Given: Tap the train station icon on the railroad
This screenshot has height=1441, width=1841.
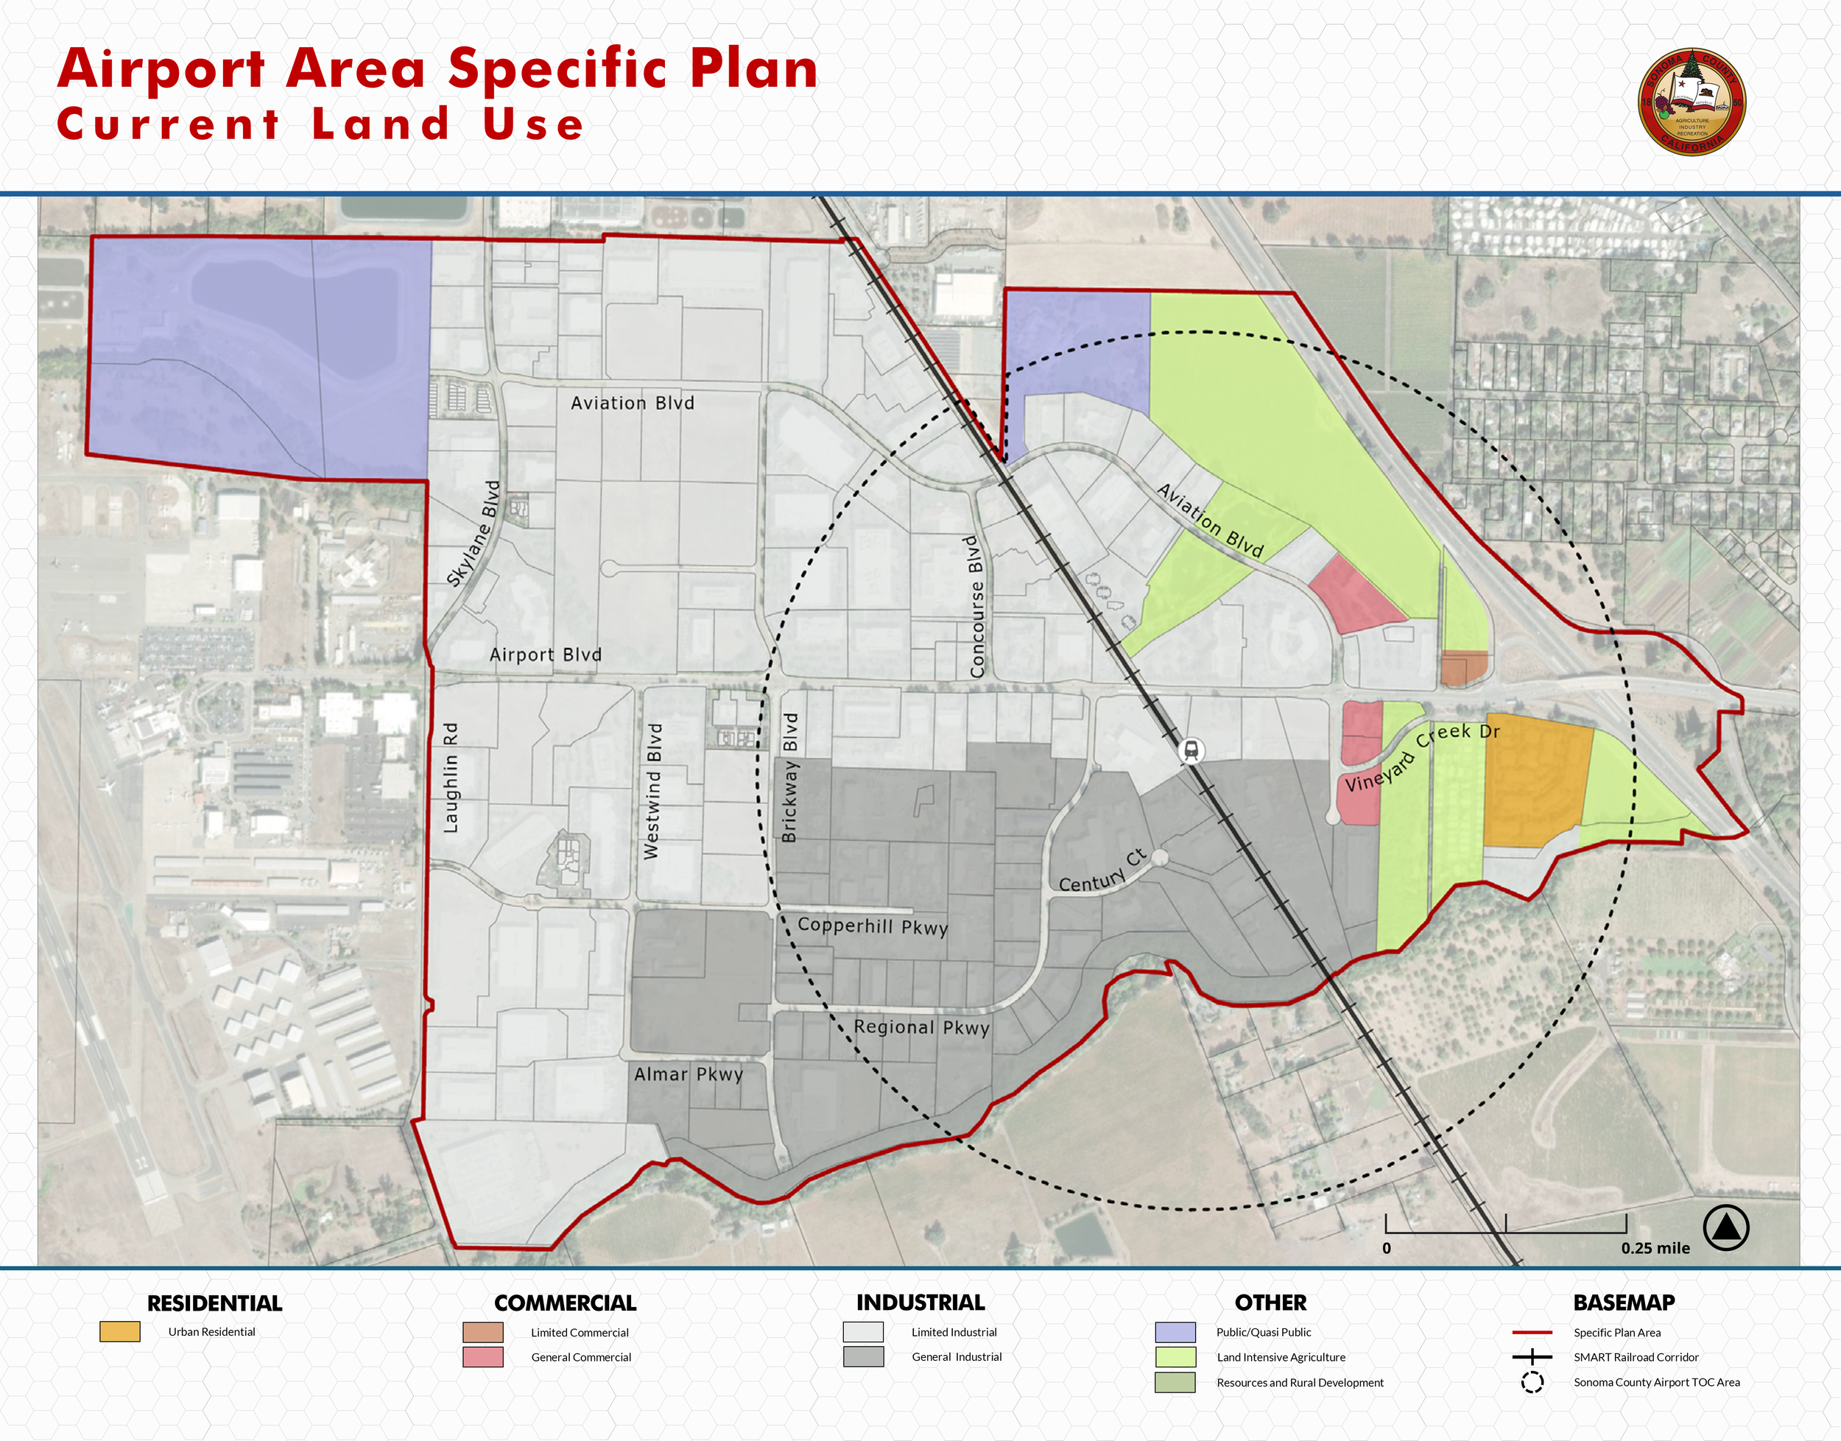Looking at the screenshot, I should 1191,750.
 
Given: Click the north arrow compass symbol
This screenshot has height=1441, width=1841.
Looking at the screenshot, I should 1725,1227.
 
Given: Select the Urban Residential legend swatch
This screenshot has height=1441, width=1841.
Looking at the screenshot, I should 120,1331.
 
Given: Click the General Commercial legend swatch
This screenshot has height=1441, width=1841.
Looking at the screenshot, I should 482,1356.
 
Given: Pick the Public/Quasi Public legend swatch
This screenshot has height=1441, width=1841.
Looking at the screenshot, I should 1175,1332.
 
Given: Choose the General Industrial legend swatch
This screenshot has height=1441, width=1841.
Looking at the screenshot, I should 863,1356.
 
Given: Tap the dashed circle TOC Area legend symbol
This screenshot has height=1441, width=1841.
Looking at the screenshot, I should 1532,1382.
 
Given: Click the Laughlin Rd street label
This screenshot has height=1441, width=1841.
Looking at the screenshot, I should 451,778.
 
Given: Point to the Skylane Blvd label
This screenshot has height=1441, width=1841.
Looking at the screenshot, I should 474,534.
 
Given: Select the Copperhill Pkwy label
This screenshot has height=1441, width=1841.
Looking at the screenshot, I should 873,926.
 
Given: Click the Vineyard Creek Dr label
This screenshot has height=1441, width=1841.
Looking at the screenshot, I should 1422,756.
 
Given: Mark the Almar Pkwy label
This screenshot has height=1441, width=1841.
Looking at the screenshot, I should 689,1074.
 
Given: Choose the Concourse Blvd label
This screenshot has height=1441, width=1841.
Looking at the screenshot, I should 976,607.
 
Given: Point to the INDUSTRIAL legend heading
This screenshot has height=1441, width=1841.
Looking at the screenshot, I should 921,1303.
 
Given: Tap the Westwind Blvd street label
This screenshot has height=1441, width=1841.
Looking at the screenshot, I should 652,791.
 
